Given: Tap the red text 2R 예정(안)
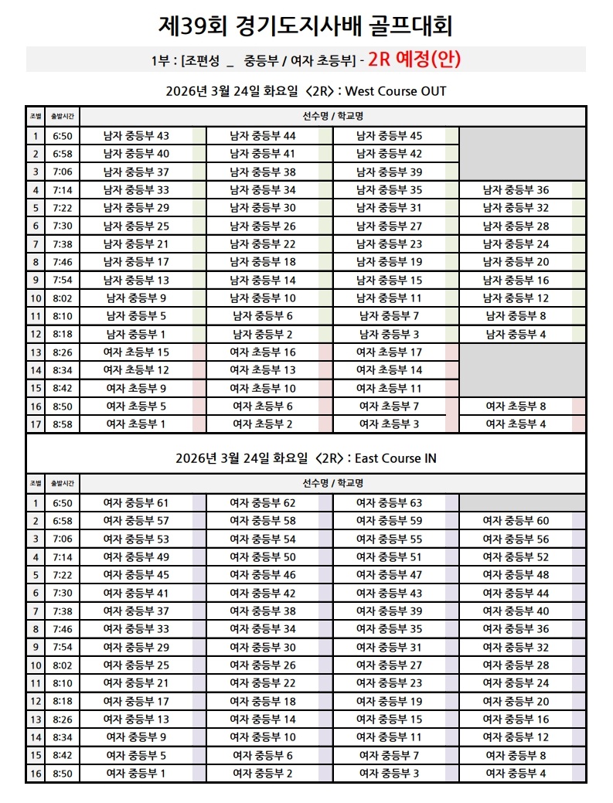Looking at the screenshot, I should tap(414, 60).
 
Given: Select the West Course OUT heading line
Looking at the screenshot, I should tap(306, 91).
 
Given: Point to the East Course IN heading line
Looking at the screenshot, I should tap(306, 458).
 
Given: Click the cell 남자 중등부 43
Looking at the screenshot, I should tap(136, 135).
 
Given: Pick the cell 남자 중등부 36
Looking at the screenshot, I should tap(516, 189).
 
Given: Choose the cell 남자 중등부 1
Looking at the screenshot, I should tap(136, 334).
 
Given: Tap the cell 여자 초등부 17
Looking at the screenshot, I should tap(389, 352).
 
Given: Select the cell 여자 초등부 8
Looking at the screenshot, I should tap(516, 406).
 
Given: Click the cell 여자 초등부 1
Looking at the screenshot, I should tap(136, 424).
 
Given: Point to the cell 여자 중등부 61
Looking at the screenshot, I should tap(136, 502).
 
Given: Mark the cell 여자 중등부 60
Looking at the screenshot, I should tap(516, 521).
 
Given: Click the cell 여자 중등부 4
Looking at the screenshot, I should tap(516, 773).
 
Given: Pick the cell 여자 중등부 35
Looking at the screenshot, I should tap(389, 629).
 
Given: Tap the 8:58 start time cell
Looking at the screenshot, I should tap(62, 424).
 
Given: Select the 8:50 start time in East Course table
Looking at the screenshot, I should tap(62, 773).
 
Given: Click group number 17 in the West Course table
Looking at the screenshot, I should tap(35, 424).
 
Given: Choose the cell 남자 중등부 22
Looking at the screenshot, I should tap(263, 243).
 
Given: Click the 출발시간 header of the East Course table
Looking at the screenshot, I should tap(62, 483).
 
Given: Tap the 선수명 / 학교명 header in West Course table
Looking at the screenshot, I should tap(332, 117).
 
